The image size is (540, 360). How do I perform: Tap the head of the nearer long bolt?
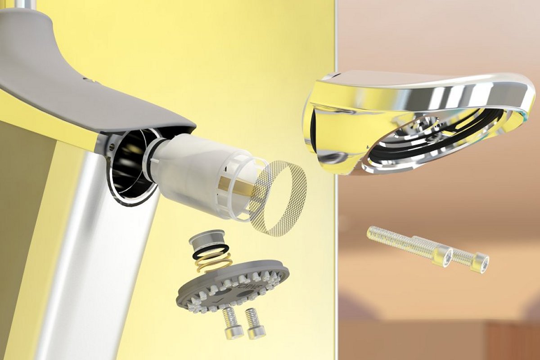point(443,256)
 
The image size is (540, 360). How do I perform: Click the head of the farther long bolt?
point(479,262)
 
